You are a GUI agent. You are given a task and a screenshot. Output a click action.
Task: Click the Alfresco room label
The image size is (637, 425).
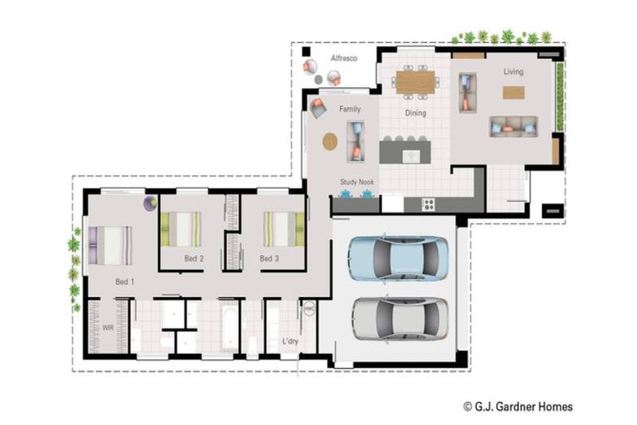(x=343, y=58)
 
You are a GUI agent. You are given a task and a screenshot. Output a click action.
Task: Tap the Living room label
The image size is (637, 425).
(x=513, y=71)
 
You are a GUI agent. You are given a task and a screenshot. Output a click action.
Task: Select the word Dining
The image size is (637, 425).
(x=416, y=113)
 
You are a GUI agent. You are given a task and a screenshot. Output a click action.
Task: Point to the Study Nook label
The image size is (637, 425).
(x=357, y=182)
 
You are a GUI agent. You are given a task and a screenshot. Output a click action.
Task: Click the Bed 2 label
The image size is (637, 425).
(x=194, y=258)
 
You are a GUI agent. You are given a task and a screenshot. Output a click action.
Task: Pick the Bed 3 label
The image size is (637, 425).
(x=270, y=258)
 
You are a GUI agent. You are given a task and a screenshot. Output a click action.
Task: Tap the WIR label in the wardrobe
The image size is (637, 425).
(x=108, y=328)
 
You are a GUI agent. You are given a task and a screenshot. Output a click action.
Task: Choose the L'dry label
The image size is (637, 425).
(x=290, y=341)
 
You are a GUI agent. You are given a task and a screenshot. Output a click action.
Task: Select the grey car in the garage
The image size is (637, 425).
(x=400, y=319)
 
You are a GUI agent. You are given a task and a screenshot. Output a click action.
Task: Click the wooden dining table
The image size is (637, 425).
(x=416, y=82)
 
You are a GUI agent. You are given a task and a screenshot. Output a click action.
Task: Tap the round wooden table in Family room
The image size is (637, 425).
(x=330, y=142)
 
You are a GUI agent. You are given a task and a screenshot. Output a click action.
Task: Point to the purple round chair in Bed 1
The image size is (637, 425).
(x=150, y=203)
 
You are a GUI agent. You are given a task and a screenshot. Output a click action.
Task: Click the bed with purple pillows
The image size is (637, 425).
(x=110, y=246)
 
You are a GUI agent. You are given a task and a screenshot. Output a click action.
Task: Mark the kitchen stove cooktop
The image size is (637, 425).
(x=429, y=204)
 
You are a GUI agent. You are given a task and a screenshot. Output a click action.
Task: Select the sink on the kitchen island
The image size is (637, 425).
(x=411, y=156)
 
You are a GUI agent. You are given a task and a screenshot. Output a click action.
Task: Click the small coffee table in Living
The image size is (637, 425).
(x=513, y=93)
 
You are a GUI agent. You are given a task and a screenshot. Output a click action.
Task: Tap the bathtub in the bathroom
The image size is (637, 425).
(x=229, y=328)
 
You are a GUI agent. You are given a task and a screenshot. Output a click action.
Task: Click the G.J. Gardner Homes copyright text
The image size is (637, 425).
(x=518, y=406)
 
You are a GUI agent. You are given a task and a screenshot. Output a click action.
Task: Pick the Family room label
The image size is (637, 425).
(x=350, y=109)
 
